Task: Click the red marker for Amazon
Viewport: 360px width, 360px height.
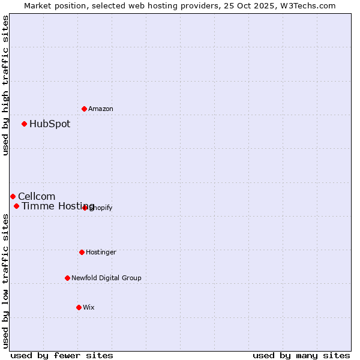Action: point(84,109)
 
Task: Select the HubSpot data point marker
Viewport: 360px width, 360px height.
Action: point(24,124)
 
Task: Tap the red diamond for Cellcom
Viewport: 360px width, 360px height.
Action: point(13,196)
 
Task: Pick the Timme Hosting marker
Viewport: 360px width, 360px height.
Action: point(16,206)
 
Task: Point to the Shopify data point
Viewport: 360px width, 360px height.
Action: point(85,208)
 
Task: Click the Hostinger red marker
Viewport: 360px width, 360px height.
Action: point(82,252)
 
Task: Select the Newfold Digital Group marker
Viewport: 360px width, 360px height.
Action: point(67,278)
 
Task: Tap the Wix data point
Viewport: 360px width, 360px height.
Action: point(79,307)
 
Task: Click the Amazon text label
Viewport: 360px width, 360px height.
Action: point(101,109)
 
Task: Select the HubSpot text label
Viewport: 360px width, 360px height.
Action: point(50,124)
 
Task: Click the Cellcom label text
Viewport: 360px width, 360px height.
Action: point(37,196)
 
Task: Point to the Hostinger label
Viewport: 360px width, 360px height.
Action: point(101,252)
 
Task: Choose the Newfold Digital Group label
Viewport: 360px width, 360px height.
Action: point(106,278)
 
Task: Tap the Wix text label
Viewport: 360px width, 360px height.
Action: point(89,307)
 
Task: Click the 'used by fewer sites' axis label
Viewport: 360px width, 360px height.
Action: point(62,355)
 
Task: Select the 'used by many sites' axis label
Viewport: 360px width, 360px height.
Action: point(301,355)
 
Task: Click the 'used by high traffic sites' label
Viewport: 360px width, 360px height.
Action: point(5,85)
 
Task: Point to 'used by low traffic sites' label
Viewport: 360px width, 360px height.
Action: point(5,281)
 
